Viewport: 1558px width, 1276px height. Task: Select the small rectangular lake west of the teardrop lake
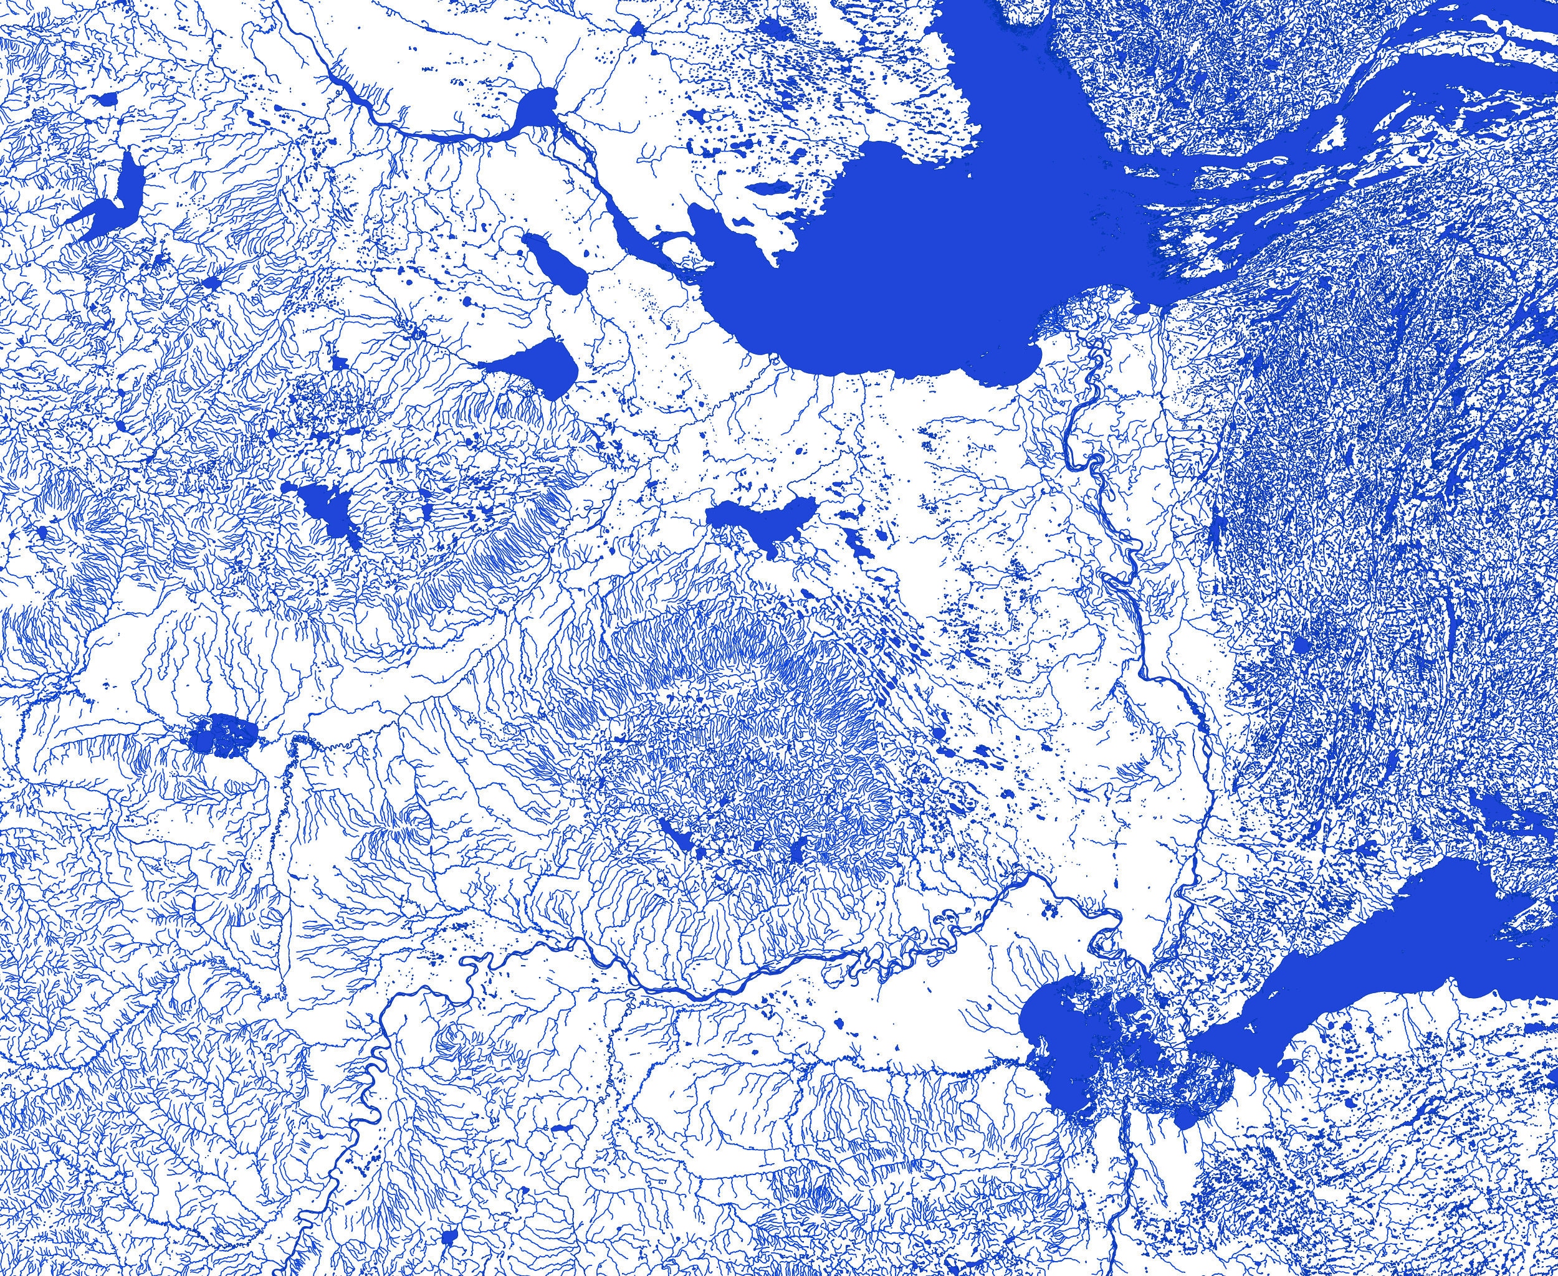(339, 363)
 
